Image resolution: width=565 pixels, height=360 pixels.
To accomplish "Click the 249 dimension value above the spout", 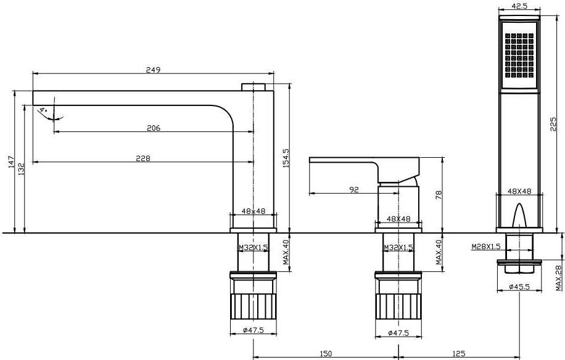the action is (153, 70).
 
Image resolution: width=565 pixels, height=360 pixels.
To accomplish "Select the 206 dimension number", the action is (154, 128).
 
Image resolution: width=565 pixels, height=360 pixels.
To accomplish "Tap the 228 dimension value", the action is (143, 158).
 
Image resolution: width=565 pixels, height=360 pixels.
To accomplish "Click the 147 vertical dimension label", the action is (10, 162).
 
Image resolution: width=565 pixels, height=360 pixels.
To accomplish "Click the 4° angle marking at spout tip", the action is (43, 109).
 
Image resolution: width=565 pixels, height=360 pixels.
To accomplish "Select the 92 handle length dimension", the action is (354, 190).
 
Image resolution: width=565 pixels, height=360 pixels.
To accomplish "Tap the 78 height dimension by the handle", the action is (439, 195).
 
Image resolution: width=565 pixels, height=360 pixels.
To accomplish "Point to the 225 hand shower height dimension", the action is (553, 124).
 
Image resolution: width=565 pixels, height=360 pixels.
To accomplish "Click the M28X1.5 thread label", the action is (486, 246).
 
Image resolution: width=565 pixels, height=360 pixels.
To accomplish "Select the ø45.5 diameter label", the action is (519, 287).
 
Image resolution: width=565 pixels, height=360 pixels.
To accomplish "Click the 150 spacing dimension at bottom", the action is (326, 354).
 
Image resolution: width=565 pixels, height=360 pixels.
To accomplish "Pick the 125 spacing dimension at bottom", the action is (458, 354).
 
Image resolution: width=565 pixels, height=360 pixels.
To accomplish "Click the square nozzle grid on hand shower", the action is (519, 55).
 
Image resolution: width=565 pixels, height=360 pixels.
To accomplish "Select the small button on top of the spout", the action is (254, 87).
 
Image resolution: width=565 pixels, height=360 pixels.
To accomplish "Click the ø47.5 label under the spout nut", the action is (254, 330).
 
